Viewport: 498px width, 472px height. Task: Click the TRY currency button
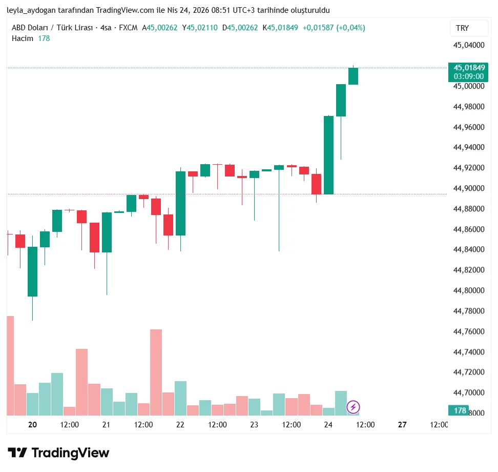coord(462,28)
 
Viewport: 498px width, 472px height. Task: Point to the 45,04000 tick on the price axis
coord(469,45)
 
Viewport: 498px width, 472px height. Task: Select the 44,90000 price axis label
coord(469,188)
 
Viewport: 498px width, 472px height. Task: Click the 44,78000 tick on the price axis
coord(469,311)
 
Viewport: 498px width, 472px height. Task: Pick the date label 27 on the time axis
coord(402,424)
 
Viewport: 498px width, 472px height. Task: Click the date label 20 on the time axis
coord(33,424)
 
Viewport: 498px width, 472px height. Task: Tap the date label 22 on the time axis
coord(180,424)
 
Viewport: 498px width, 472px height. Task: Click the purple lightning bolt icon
coord(353,407)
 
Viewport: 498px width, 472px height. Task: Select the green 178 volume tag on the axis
coord(460,410)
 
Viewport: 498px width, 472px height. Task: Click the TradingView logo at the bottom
coord(59,453)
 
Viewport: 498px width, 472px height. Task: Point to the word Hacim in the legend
coord(23,38)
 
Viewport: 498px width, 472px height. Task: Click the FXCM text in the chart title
coord(128,28)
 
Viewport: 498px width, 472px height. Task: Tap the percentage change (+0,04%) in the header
coord(351,28)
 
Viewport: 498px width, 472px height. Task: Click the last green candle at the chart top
coord(353,76)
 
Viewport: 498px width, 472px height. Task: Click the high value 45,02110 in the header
coord(202,28)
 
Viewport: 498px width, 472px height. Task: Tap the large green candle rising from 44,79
coord(32,271)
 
